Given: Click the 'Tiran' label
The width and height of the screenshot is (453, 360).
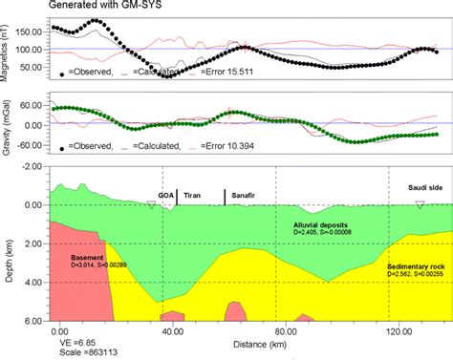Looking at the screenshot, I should coord(192,194).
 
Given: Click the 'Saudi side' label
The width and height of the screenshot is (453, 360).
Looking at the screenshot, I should coord(424,188).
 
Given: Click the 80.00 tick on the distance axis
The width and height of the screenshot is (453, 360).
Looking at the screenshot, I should coord(284,329).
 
